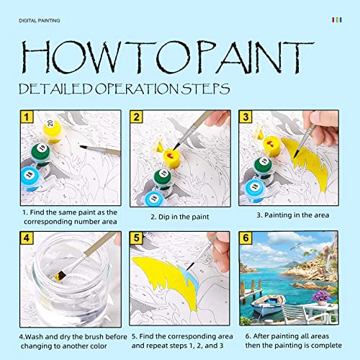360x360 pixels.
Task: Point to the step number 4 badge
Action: [26, 238]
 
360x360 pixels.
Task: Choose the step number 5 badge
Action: [137, 238]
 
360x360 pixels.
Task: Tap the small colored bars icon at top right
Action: [336, 20]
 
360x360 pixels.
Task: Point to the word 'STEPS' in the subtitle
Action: [204, 89]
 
